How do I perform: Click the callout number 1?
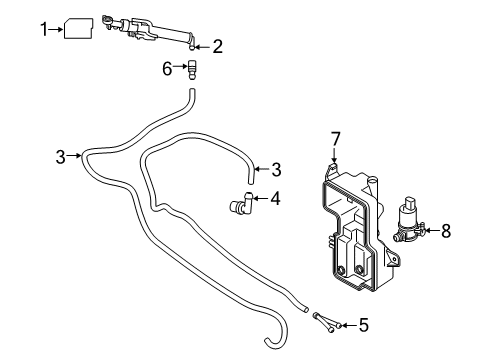coord(44,30)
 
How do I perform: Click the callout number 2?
coord(217,46)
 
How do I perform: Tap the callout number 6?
coord(168,68)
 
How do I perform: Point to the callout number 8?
coord(446,230)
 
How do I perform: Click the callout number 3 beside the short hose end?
coord(276,169)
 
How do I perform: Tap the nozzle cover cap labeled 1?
coord(79,30)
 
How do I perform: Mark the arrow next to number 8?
coord(431,231)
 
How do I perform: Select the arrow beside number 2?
coord(203,46)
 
